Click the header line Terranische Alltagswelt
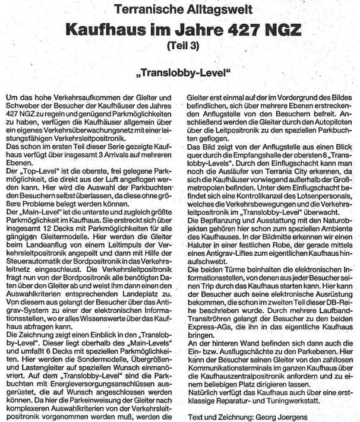tap(180, 9)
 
